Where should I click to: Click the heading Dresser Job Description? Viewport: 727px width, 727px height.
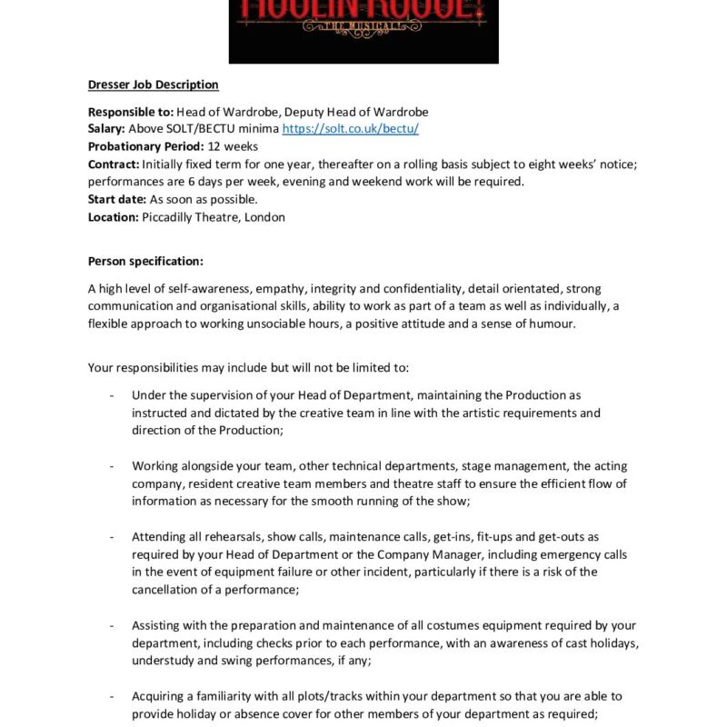[153, 85]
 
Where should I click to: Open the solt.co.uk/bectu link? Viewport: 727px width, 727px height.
[350, 129]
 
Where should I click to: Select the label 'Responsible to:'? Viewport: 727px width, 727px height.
[124, 112]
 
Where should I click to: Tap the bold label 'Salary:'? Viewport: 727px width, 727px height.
[107, 129]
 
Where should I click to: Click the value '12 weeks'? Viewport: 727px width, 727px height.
[233, 146]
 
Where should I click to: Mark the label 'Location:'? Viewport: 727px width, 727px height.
[114, 217]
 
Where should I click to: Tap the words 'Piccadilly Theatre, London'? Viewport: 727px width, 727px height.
[214, 217]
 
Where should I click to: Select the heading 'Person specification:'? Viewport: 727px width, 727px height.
[145, 262]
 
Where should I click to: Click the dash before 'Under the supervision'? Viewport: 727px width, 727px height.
[111, 395]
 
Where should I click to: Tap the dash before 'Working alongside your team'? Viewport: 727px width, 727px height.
[111, 466]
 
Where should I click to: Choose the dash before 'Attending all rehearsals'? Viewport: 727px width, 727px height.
[111, 537]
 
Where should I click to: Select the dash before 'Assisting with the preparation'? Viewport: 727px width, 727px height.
[111, 626]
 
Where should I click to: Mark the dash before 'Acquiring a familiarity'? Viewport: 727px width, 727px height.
[111, 696]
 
